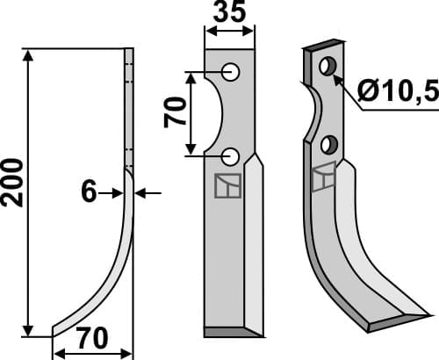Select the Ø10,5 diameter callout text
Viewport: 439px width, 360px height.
pyautogui.click(x=398, y=89)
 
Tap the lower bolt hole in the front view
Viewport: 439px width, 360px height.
pyautogui.click(x=230, y=156)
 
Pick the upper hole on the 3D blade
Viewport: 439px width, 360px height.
pyautogui.click(x=328, y=67)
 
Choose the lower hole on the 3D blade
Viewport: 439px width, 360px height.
pyautogui.click(x=328, y=143)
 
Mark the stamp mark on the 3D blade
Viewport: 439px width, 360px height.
pyautogui.click(x=323, y=177)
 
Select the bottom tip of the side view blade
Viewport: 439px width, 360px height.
pyautogui.click(x=54, y=333)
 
